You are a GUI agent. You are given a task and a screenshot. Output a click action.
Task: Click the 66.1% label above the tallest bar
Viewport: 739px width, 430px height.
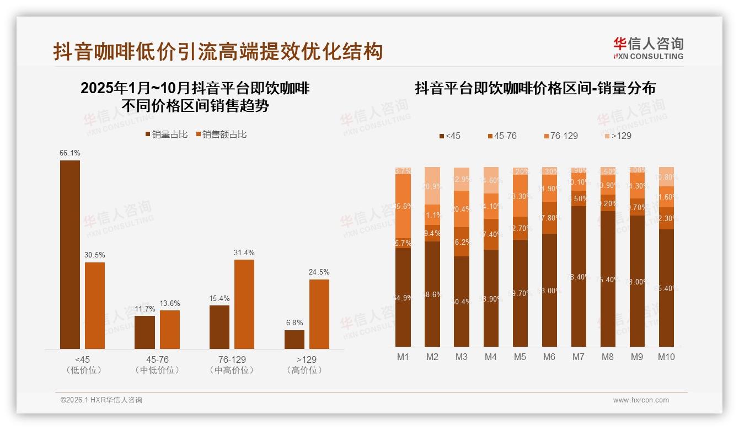(x=70, y=153)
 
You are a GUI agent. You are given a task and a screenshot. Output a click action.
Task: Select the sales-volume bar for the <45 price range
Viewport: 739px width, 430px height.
(x=70, y=254)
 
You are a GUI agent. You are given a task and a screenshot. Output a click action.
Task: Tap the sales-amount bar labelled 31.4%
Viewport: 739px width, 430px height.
(x=244, y=304)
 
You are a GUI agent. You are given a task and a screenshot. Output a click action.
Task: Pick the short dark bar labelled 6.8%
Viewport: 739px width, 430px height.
(x=294, y=339)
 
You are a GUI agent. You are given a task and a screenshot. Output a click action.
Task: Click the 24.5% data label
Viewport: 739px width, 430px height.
(x=319, y=272)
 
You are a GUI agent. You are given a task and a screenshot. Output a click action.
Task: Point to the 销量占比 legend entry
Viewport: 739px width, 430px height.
(x=167, y=135)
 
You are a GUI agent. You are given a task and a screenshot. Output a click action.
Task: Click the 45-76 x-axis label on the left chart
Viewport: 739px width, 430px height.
(x=157, y=359)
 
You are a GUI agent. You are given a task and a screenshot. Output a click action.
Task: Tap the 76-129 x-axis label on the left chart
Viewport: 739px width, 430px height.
(x=232, y=359)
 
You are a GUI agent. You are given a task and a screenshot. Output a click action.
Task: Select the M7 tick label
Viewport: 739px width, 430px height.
(x=578, y=357)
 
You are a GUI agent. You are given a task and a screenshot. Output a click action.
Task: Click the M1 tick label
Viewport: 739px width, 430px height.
(x=403, y=357)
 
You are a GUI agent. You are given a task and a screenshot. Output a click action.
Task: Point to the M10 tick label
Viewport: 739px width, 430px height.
(x=666, y=357)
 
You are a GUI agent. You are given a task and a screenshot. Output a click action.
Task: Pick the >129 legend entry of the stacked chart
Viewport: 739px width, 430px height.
(x=616, y=136)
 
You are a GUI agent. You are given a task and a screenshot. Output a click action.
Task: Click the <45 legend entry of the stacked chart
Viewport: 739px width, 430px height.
(x=449, y=136)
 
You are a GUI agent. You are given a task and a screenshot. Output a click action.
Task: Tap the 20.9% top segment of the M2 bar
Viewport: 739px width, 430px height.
(x=432, y=186)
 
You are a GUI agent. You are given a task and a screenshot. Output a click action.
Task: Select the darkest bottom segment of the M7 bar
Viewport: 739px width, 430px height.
(x=579, y=276)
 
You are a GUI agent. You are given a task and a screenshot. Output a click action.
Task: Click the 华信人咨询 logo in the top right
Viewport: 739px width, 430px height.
(x=648, y=48)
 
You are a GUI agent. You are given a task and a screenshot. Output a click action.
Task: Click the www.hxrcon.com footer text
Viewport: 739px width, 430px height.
(x=641, y=400)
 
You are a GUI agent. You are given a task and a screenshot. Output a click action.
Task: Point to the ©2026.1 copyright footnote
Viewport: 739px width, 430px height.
(x=101, y=400)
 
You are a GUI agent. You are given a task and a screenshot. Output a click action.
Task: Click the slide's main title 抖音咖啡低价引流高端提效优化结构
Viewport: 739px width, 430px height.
(x=218, y=52)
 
